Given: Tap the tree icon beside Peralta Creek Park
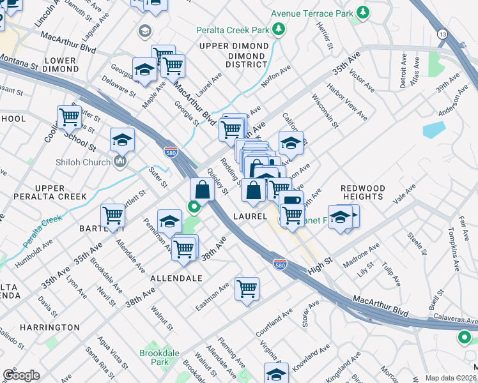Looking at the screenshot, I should [x=279, y=29].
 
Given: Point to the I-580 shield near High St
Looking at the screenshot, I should [x=279, y=263].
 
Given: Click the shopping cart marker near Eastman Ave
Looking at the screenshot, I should [x=247, y=289].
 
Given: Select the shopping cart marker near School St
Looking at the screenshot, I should [x=69, y=117].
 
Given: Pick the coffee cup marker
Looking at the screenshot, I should [x=291, y=200].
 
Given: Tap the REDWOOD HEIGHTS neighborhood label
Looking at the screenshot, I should [x=362, y=192].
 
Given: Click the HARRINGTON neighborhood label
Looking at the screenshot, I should [x=53, y=327].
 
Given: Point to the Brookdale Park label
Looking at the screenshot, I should [x=155, y=357].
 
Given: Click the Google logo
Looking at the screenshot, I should [x=21, y=375].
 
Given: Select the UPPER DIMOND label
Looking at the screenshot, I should [x=233, y=47].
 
